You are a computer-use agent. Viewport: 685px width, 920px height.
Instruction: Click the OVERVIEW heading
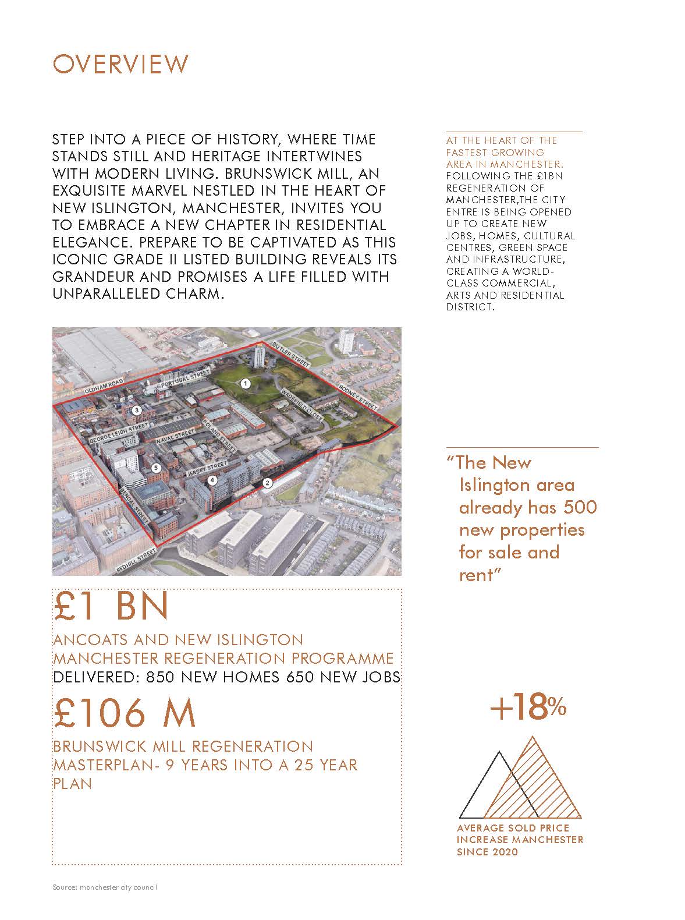pyautogui.click(x=120, y=64)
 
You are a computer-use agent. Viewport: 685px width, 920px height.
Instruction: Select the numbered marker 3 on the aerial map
pyautogui.click(x=137, y=411)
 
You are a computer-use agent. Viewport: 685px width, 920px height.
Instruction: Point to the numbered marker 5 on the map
pyautogui.click(x=155, y=468)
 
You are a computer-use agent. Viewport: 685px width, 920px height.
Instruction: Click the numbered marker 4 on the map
pyautogui.click(x=212, y=480)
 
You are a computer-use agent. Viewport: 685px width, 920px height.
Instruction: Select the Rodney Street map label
pyautogui.click(x=359, y=397)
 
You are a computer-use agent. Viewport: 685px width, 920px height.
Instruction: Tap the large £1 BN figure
pyautogui.click(x=111, y=606)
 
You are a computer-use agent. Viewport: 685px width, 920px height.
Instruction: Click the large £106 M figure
pyautogui.click(x=125, y=713)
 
